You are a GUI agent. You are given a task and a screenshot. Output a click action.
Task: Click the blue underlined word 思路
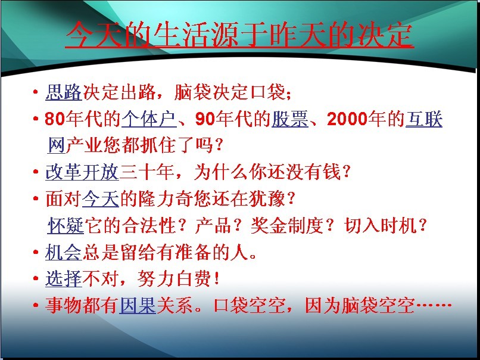pos(64,92)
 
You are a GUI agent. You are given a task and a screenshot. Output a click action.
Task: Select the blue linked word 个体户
pos(149,119)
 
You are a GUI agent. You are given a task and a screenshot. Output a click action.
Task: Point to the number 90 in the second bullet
pos(205,119)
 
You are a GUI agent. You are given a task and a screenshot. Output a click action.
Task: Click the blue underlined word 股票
pos(290,119)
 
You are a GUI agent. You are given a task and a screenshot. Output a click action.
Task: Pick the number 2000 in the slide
pos(347,119)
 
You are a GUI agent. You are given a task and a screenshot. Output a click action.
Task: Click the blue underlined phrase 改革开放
pos(82,172)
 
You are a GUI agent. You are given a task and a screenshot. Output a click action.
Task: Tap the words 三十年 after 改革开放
pos(147,172)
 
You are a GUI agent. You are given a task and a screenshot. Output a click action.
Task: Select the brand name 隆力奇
pos(166,198)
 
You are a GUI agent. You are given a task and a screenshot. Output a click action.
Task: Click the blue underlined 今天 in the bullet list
pos(101,198)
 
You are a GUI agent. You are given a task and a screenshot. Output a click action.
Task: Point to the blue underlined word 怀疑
pos(66,225)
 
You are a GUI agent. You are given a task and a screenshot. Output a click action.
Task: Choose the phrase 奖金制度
pos(287,225)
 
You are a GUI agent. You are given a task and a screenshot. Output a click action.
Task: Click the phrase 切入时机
pos(381,225)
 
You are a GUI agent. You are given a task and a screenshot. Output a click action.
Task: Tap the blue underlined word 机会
pos(64,253)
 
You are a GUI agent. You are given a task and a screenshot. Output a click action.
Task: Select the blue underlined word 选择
pos(64,279)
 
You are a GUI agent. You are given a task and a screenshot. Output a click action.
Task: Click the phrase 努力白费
pos(174,279)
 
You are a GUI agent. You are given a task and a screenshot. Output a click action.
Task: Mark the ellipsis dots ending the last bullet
pos(434,305)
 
